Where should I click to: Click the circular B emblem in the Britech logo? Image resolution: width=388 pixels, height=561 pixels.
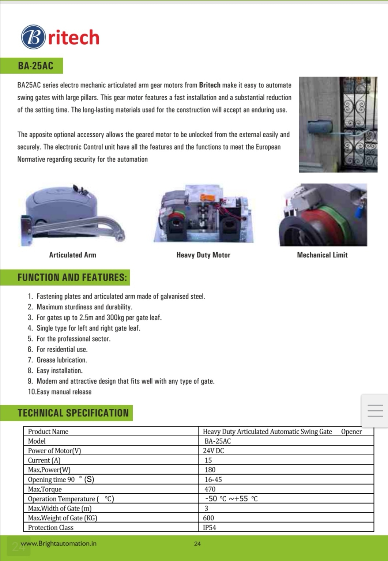tap(33, 37)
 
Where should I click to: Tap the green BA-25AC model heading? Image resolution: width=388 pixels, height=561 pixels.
tap(35, 66)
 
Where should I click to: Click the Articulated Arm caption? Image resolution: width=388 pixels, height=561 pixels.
tap(72, 255)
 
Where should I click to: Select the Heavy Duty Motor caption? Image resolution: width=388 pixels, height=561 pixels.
tap(203, 255)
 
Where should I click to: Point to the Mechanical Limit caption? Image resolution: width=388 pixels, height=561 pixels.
tap(322, 255)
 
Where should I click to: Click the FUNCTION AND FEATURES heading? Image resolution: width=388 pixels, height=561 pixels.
tap(72, 277)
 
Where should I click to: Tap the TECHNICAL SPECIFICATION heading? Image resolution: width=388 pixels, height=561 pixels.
tap(73, 413)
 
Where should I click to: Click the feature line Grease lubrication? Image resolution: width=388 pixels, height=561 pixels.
tap(61, 360)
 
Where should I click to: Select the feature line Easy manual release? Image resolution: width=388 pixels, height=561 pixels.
tap(64, 392)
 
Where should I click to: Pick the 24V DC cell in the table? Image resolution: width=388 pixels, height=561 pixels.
tap(214, 451)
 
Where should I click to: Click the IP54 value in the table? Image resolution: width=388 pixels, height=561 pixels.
tap(210, 527)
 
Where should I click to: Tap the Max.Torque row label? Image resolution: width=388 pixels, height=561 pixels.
tap(45, 489)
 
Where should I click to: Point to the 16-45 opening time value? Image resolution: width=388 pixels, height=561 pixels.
tap(213, 479)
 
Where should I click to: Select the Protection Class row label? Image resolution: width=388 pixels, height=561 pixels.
tap(51, 527)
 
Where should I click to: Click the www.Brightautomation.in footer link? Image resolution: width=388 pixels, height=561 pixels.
tap(59, 543)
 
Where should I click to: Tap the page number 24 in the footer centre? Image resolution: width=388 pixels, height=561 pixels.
tap(197, 544)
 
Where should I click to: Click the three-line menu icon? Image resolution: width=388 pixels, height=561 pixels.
tap(375, 411)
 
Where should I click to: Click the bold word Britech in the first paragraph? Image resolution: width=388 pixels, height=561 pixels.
tap(210, 85)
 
